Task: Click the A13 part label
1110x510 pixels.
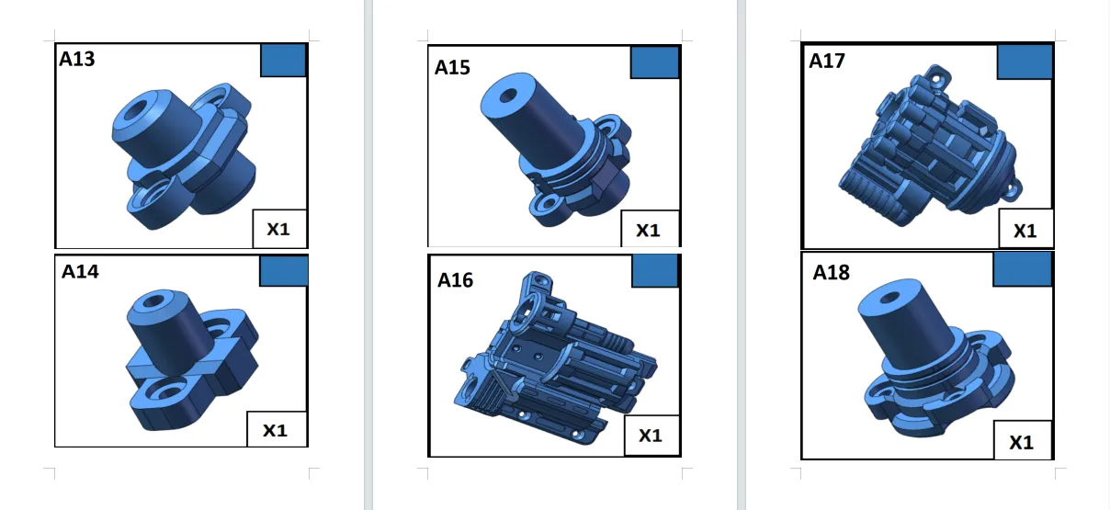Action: (x=77, y=59)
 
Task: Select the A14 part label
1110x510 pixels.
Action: (x=80, y=272)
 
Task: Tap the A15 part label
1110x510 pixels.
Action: (x=452, y=67)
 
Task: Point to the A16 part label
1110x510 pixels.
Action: (x=455, y=280)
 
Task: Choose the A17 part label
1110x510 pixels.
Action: (x=827, y=61)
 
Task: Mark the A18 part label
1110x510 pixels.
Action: (x=831, y=273)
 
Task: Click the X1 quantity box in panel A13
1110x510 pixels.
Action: (x=279, y=229)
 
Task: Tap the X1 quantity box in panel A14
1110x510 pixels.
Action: (x=277, y=429)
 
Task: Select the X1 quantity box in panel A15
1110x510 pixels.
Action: (x=651, y=229)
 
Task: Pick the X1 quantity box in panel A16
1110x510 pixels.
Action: (x=651, y=436)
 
